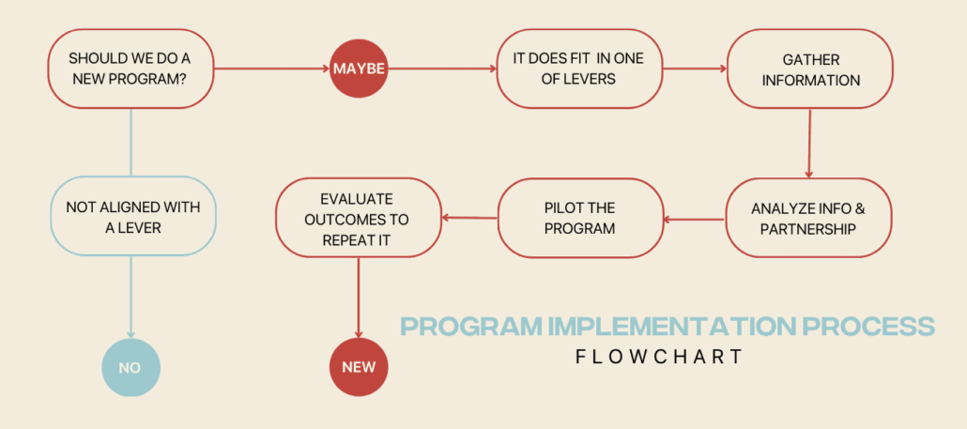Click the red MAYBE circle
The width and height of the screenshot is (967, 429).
coord(359,69)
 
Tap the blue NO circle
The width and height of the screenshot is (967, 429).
coord(130,367)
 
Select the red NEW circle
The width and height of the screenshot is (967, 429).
coord(359,367)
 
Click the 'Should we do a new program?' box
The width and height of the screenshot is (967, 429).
coord(129,69)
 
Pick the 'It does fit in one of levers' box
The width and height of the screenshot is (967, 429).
coord(577,69)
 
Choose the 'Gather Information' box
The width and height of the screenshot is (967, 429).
coord(809,69)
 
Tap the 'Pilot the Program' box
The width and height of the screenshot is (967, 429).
coord(580,218)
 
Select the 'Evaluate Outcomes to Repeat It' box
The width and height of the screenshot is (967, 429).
coord(358,218)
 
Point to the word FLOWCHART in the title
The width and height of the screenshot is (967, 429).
coord(660,357)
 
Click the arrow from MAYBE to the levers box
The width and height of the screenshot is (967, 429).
coord(441,69)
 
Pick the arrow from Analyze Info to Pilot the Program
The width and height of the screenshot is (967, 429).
coord(694,220)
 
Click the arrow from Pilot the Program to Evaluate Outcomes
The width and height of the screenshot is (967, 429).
coord(468,218)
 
